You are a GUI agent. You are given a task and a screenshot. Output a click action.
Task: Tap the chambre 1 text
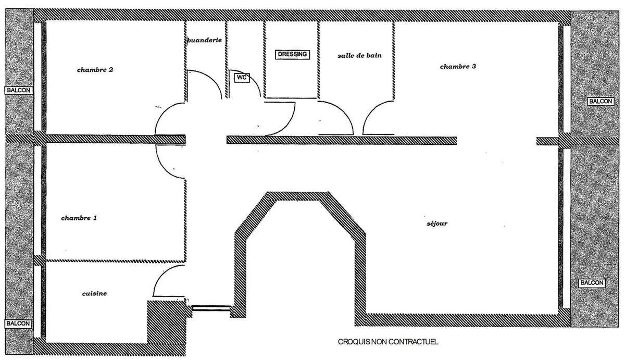point(79,218)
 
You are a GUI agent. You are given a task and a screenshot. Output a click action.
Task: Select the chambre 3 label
point(458,67)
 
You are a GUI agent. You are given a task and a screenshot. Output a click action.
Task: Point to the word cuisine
point(94,294)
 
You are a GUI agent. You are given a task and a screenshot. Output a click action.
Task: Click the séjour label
point(436,224)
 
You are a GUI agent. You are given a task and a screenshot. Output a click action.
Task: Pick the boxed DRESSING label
point(292,54)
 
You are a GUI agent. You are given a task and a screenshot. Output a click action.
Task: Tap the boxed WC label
point(241,78)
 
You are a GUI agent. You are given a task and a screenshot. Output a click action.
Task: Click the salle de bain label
point(356,55)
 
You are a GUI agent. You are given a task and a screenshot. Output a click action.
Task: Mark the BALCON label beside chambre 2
point(19,90)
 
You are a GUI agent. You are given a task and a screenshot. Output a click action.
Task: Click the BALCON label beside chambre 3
point(599,101)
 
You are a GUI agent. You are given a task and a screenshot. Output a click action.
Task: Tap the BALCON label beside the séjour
point(591,283)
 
